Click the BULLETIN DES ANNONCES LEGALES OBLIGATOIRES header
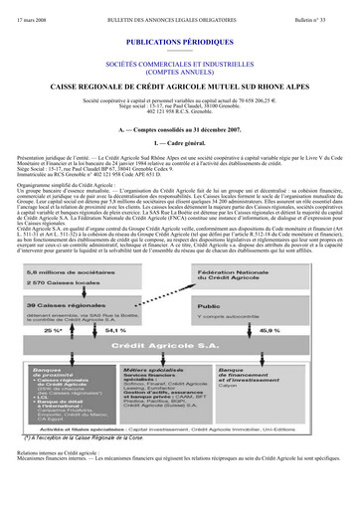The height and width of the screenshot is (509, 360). pos(179,9)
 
